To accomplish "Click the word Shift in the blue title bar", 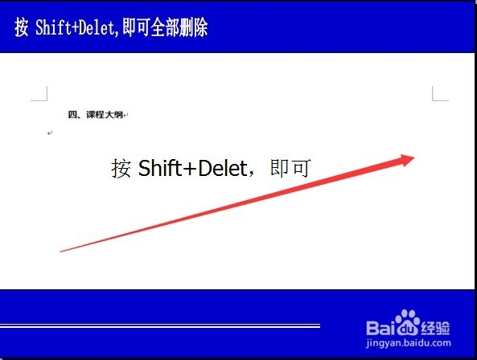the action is [53, 27].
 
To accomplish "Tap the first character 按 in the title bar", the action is [21, 27].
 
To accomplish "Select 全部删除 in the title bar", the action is [179, 27].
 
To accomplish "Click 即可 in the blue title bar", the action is [135, 27].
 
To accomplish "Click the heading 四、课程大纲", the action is [95, 115].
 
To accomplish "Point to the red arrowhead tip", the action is [414, 157].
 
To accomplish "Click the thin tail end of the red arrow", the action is [60, 252].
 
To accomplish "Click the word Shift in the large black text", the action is [160, 168].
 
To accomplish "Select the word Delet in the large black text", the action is [223, 168].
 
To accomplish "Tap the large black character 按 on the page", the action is [121, 168].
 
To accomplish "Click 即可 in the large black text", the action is [290, 168].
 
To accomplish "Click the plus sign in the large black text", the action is [190, 170].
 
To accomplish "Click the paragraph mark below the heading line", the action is [50, 133].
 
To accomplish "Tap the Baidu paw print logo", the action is [406, 322].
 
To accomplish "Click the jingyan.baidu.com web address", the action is [409, 343].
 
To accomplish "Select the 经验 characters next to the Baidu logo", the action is [435, 328].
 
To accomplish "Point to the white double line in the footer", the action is [160, 326].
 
